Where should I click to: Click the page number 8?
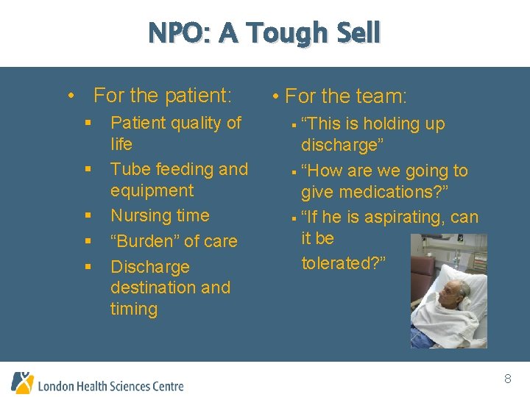[x=507, y=379]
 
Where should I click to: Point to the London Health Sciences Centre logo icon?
[x=22, y=382]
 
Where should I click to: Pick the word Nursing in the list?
[x=138, y=216]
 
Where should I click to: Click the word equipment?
[x=152, y=190]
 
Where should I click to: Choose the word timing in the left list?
[x=134, y=309]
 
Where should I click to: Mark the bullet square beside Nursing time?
[x=88, y=216]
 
